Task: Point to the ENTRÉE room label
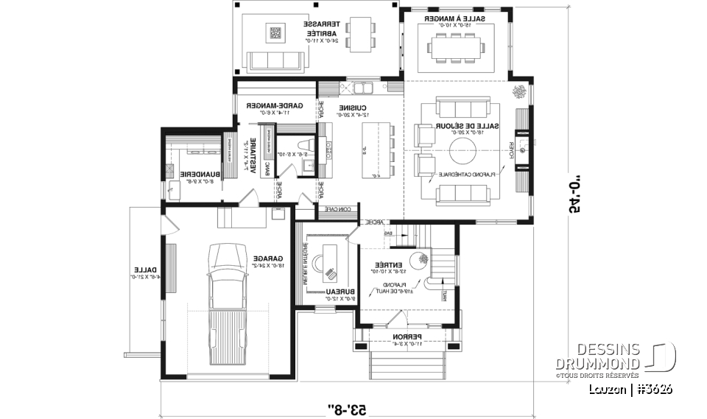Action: coord(388,264)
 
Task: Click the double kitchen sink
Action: coord(363,89)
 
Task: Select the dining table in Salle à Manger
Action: coord(457,48)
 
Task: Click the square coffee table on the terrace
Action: coord(275,33)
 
